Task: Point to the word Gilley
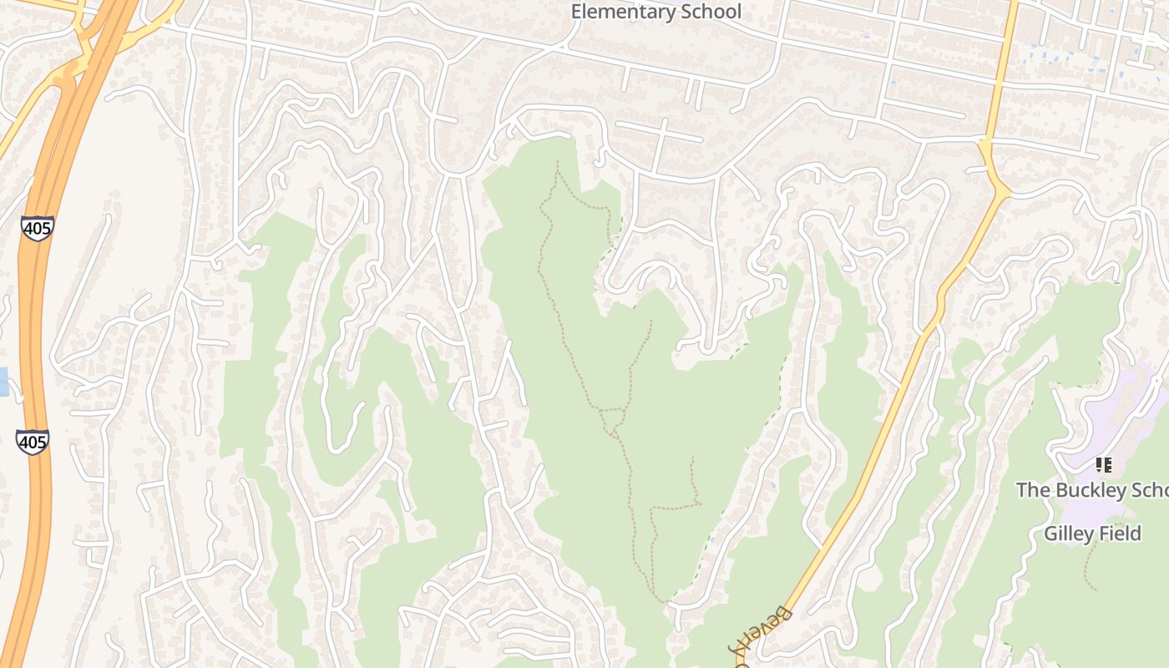pyautogui.click(x=1066, y=533)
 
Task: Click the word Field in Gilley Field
pyautogui.click(x=1118, y=533)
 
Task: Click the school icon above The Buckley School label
pyautogui.click(x=1103, y=464)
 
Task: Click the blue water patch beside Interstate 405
pyautogui.click(x=3, y=382)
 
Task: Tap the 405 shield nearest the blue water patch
pyautogui.click(x=32, y=442)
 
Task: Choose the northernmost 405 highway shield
pyautogui.click(x=38, y=228)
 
